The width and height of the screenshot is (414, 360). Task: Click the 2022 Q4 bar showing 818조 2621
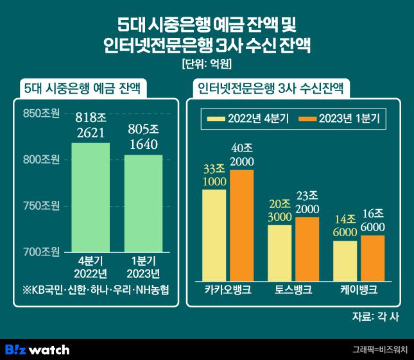(x=90, y=196)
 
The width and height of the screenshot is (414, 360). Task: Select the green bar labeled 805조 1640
(x=143, y=202)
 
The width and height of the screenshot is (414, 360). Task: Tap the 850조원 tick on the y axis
(x=41, y=114)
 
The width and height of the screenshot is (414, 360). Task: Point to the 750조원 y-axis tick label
(x=41, y=205)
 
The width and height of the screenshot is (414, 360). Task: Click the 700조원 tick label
(x=41, y=251)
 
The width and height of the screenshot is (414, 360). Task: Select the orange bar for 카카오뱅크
(x=242, y=225)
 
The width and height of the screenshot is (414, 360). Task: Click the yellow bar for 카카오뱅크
(x=214, y=234)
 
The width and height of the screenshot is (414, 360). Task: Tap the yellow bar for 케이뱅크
(x=345, y=260)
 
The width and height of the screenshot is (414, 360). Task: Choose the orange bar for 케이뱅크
(x=373, y=257)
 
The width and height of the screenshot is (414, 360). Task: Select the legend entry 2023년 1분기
(x=341, y=118)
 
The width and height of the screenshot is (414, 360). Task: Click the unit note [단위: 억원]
(x=207, y=64)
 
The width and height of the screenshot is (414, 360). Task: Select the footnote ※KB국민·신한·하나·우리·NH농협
(x=95, y=289)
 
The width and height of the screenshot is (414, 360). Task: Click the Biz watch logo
(x=37, y=350)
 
